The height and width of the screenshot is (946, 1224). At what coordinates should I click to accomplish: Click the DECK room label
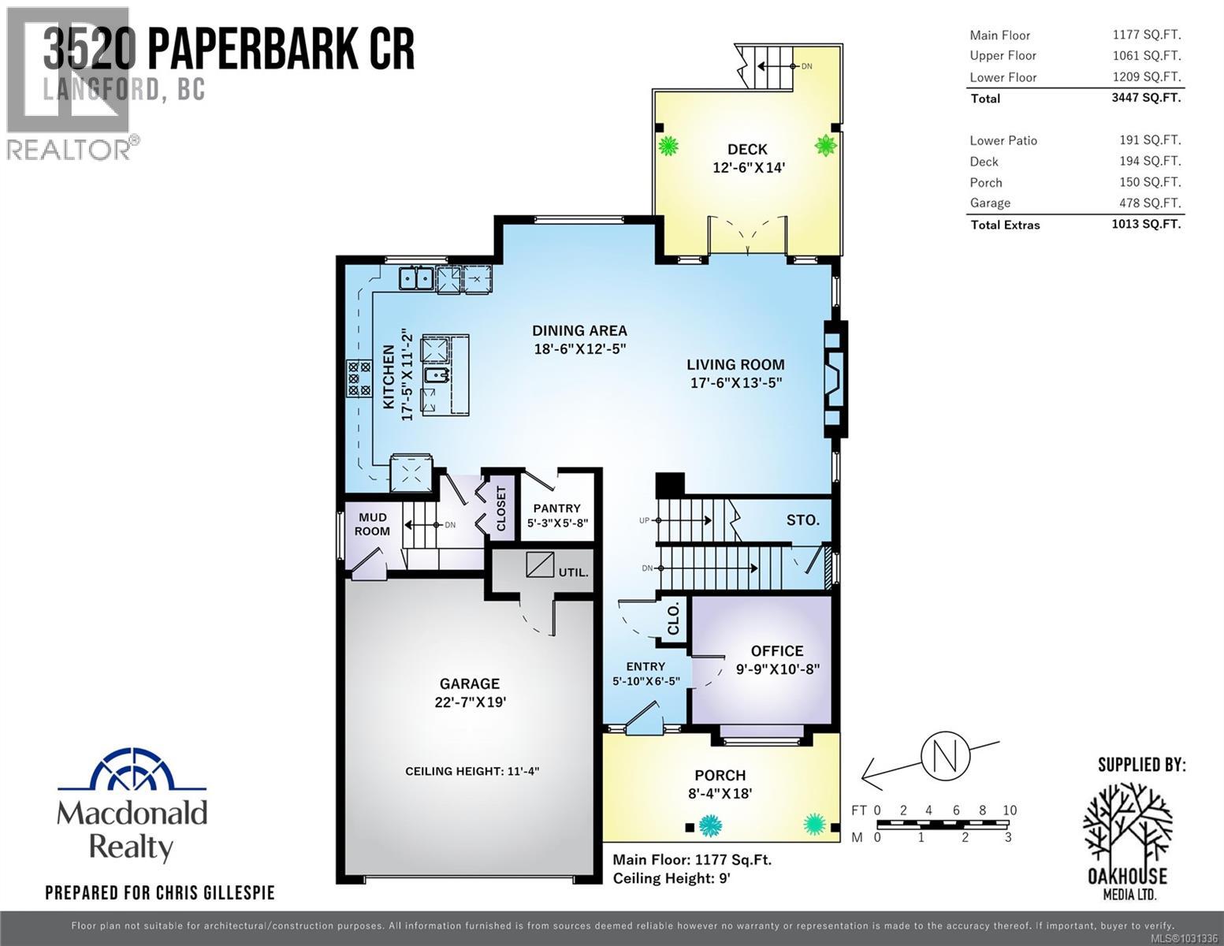tap(747, 149)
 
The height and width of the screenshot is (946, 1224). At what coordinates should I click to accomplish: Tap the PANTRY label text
tap(556, 508)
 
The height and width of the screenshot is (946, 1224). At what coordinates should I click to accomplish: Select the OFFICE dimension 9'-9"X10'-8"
tap(778, 669)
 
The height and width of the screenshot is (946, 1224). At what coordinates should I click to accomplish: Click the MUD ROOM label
tap(373, 524)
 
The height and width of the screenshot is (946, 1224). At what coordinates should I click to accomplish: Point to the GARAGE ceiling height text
tap(472, 771)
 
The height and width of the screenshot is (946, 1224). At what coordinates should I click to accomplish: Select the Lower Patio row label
tap(1003, 140)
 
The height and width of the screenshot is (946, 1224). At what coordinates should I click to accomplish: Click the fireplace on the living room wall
tap(835, 378)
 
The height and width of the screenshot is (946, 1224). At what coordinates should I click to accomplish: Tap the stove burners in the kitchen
tap(359, 378)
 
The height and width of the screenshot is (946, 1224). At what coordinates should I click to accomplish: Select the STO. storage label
tap(802, 520)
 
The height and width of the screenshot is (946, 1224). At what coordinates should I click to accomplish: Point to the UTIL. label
tap(573, 572)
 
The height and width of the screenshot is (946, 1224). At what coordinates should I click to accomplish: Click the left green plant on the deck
tap(668, 146)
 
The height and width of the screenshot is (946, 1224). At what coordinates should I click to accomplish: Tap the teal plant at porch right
tap(814, 825)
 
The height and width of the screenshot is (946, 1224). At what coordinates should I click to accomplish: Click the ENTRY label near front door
tap(645, 666)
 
